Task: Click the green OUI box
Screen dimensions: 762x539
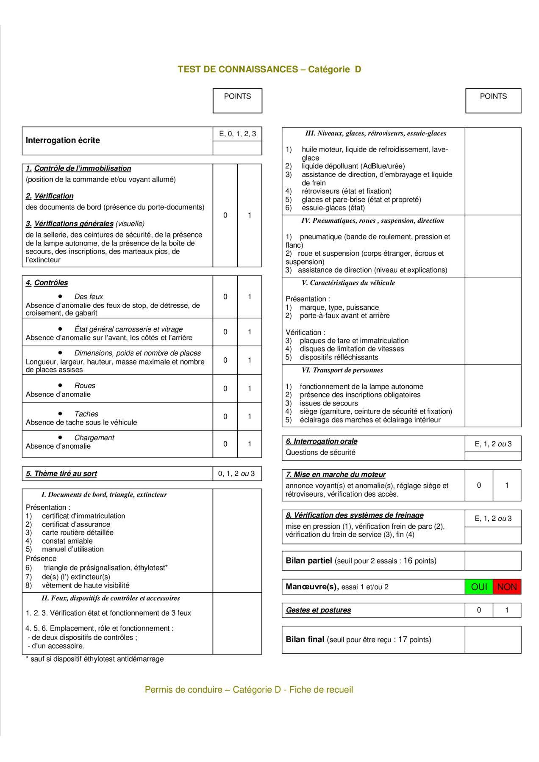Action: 479,587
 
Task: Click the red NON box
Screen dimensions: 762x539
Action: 507,587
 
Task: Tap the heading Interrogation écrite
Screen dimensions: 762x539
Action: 63,140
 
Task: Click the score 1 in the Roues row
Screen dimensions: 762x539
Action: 250,388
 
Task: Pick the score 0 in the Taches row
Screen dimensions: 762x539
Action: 225,416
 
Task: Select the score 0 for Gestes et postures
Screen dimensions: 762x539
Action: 479,610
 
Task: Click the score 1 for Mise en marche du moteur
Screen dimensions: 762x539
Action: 507,485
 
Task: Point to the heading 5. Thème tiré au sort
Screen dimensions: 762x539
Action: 61,473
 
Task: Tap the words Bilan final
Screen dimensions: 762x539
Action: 305,639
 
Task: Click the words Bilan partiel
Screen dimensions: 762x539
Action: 308,560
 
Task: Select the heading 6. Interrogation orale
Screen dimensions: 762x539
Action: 321,441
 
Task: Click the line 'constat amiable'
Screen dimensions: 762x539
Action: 67,541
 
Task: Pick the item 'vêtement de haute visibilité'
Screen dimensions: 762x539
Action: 86,585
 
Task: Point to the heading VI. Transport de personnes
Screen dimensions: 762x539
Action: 342,370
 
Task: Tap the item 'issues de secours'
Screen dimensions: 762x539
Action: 328,403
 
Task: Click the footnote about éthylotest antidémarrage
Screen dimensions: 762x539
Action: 94,659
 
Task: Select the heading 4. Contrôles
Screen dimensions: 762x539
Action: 47,282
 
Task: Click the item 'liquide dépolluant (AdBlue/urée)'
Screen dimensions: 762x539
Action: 353,166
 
